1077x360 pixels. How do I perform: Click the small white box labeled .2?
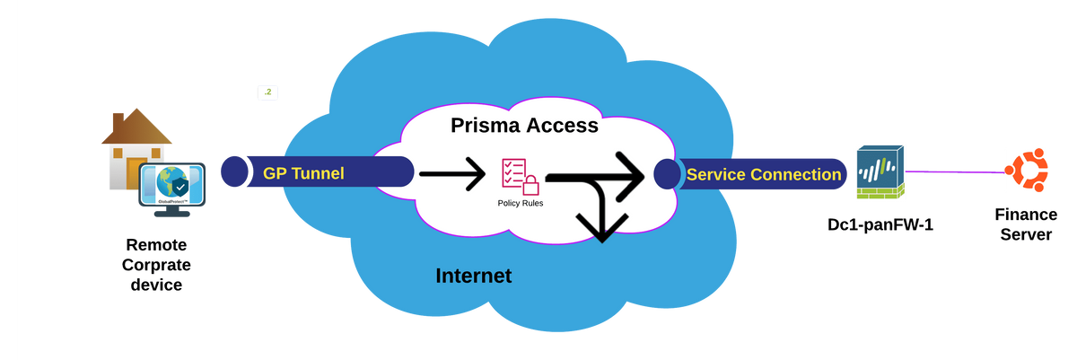(268, 92)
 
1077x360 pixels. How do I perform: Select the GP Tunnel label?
(303, 173)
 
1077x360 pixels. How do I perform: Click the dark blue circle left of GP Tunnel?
(232, 171)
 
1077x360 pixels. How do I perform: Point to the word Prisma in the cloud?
(484, 126)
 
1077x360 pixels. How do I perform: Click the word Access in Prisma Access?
(561, 126)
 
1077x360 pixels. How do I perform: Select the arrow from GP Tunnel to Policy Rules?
(453, 173)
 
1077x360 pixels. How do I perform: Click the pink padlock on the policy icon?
(531, 185)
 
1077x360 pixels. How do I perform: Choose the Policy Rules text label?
(521, 203)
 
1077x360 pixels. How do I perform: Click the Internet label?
(473, 276)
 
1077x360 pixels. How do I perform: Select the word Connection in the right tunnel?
(796, 174)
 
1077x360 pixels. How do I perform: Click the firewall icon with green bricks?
(880, 171)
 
